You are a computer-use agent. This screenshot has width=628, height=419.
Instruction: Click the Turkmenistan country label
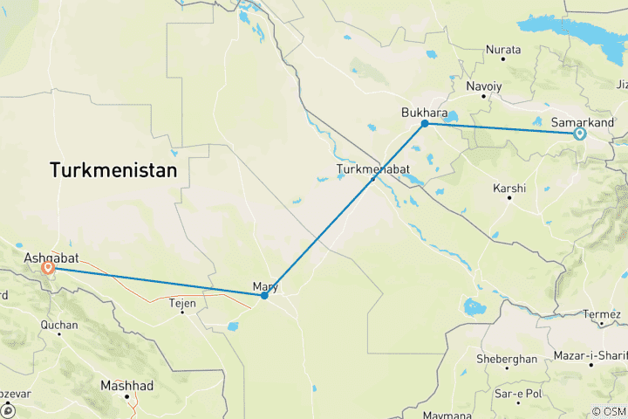pyautogui.click(x=113, y=170)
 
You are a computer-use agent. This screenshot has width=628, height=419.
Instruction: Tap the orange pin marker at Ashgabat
pyautogui.click(x=48, y=269)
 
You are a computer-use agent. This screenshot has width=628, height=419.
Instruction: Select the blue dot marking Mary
pyautogui.click(x=264, y=296)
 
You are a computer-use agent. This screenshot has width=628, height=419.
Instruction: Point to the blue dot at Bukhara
pyautogui.click(x=425, y=124)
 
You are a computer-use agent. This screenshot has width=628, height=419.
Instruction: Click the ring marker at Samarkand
pyautogui.click(x=579, y=134)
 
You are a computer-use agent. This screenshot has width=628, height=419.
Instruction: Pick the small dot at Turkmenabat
pyautogui.click(x=373, y=179)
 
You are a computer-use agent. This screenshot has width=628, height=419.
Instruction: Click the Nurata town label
pyautogui.click(x=503, y=50)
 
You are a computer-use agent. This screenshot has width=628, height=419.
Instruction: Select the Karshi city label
pyautogui.click(x=509, y=188)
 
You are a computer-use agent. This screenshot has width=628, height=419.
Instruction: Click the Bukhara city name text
pyautogui.click(x=424, y=113)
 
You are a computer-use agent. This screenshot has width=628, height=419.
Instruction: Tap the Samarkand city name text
pyautogui.click(x=584, y=122)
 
